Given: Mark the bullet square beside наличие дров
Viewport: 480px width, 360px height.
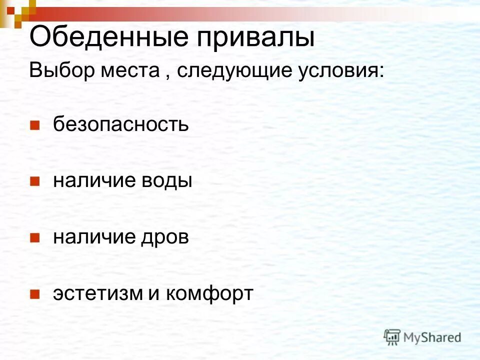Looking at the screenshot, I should [x=34, y=237].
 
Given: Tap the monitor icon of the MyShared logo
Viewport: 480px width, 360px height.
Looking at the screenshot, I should [x=392, y=337].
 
